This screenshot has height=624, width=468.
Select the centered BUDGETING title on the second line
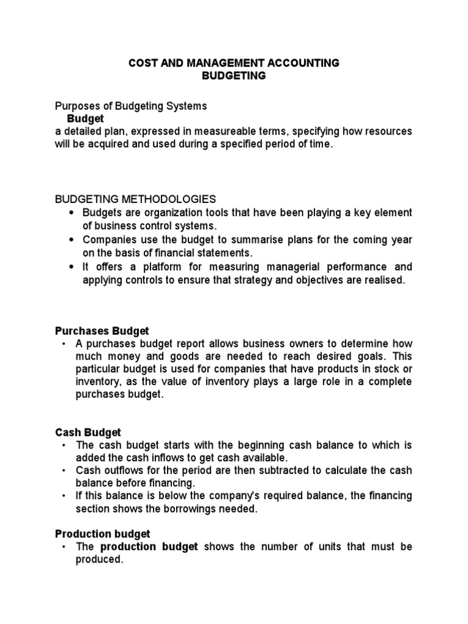click(x=233, y=76)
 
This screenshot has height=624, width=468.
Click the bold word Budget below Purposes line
click(x=85, y=118)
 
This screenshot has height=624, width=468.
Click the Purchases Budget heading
click(x=102, y=331)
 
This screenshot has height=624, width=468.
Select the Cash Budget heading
click(x=88, y=432)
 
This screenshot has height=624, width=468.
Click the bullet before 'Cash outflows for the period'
click(x=63, y=470)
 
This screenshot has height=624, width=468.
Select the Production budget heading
click(x=102, y=534)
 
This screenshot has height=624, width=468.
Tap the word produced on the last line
click(x=99, y=559)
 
